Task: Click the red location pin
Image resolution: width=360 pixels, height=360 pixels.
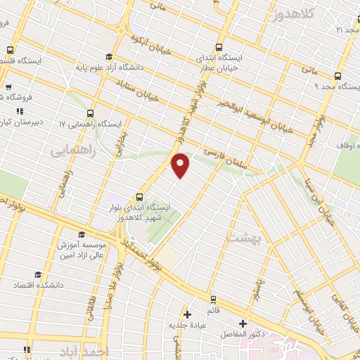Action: click(x=181, y=164)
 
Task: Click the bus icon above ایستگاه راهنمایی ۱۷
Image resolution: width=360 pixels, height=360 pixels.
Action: click(x=90, y=112)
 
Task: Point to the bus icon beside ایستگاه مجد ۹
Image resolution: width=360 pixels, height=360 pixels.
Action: click(x=337, y=76)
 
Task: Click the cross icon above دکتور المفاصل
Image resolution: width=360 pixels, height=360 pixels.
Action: click(x=243, y=323)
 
